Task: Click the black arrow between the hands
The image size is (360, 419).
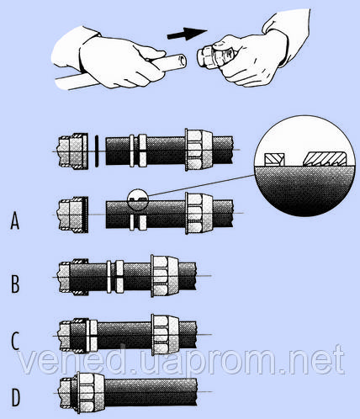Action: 188,34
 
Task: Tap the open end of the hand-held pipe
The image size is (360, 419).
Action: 183,60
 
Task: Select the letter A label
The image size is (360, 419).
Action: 15,220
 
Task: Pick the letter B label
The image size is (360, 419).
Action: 15,284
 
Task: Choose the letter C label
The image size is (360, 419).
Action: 15,341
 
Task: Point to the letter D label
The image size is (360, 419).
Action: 16,397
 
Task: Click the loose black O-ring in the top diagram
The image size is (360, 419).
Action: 97,151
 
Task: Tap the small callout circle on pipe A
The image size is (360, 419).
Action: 137,199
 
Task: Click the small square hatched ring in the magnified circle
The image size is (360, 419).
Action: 275,160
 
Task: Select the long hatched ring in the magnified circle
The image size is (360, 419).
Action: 325,159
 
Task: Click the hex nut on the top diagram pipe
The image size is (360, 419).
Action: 199,150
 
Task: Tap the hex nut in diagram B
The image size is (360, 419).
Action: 164,276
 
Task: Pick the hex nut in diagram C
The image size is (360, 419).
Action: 165,335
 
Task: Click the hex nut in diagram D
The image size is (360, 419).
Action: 90,393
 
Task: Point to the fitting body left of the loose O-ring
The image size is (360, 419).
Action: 72,151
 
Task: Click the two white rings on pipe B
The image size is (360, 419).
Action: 115,277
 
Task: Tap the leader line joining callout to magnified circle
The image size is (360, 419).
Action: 200,185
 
